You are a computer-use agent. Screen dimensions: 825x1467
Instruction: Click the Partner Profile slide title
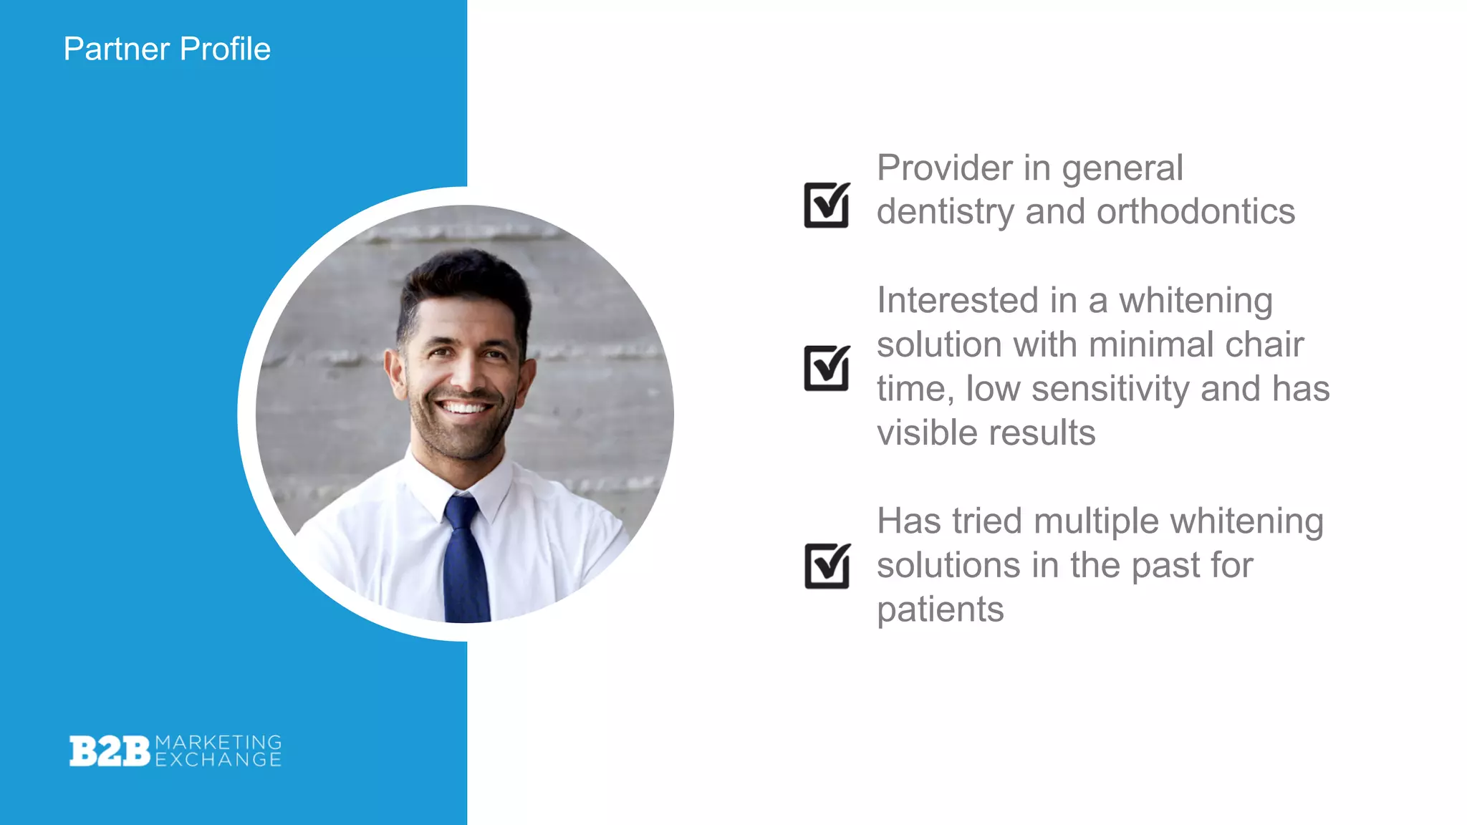click(167, 49)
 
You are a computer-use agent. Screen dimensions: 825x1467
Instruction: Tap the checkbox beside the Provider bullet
click(827, 205)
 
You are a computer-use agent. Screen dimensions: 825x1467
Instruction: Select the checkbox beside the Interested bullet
click(827, 368)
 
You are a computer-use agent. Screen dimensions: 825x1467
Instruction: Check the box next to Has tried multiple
click(827, 566)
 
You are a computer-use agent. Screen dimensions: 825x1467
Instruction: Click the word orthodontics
click(1196, 212)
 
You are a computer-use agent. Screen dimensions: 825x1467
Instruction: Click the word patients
click(940, 610)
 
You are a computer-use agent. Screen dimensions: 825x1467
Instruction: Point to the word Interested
click(957, 300)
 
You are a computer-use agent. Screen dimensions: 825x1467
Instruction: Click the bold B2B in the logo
click(110, 751)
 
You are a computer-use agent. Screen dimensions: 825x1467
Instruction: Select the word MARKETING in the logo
click(218, 742)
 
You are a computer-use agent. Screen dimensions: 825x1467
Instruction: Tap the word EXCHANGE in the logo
click(218, 760)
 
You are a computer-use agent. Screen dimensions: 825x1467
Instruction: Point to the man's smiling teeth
click(464, 408)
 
